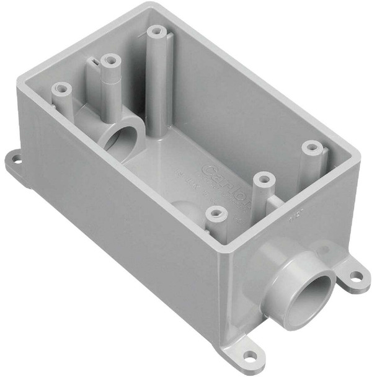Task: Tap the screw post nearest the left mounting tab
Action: (61, 90)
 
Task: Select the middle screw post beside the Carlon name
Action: (264, 180)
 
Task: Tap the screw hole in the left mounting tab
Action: (17, 162)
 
